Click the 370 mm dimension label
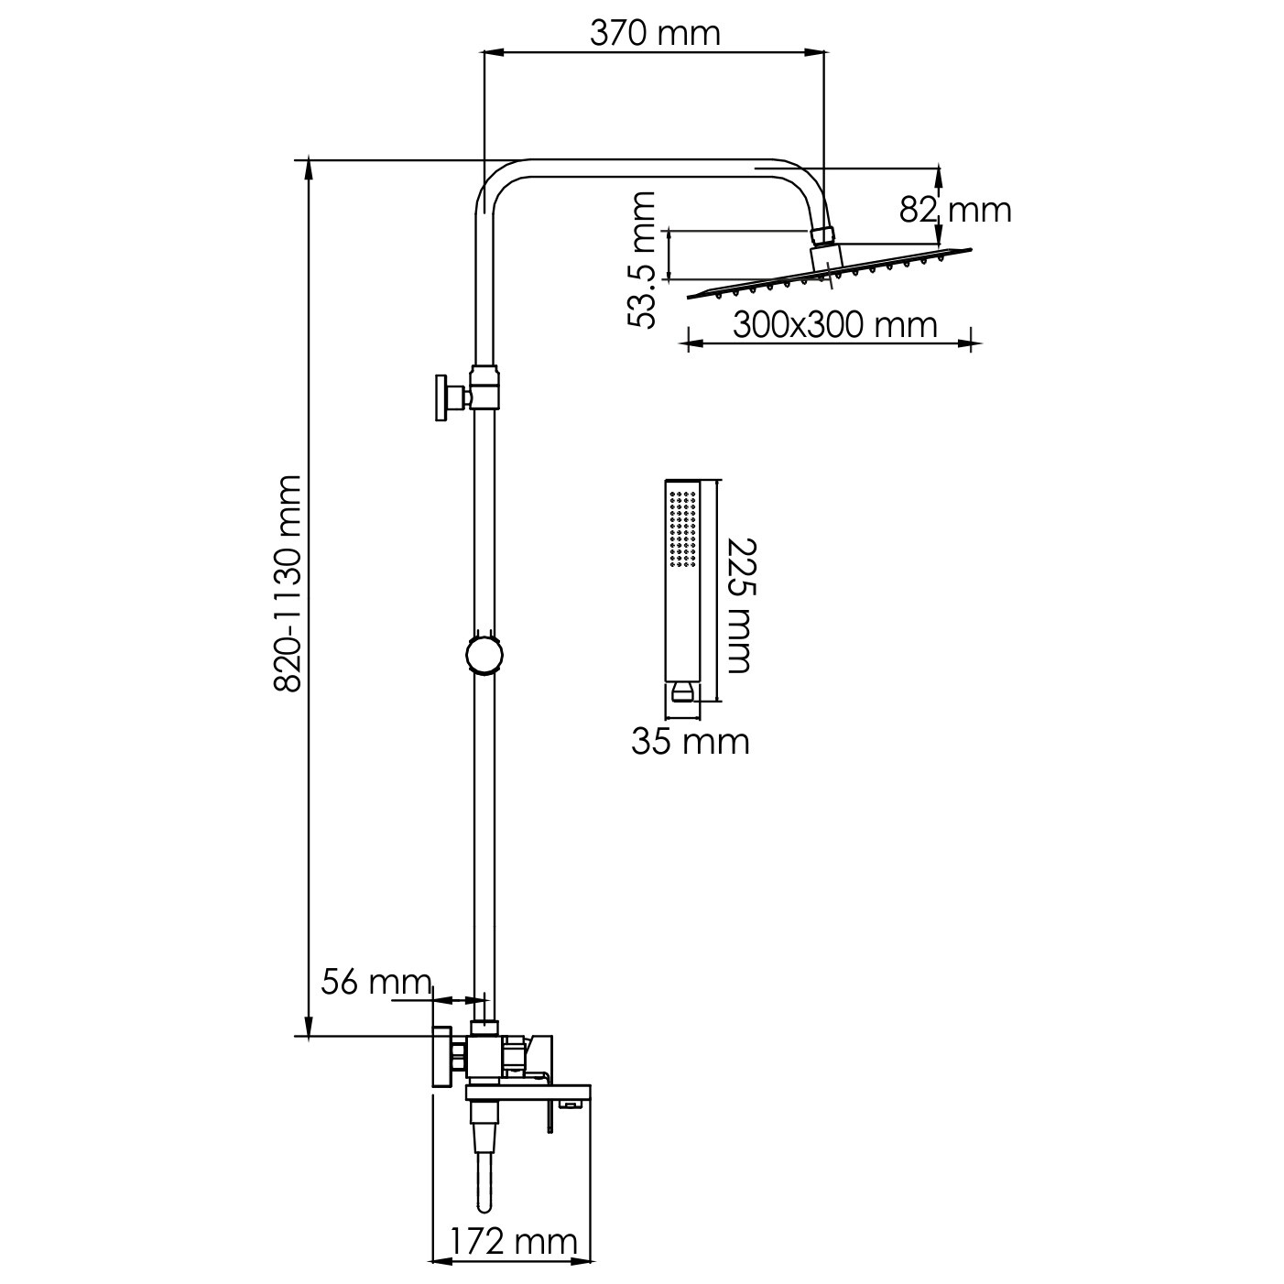(655, 33)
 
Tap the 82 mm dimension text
(955, 210)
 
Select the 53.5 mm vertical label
(642, 260)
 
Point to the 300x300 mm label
(835, 325)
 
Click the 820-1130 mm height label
(288, 583)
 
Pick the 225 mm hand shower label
(740, 605)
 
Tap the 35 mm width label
(691, 742)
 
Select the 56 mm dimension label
(376, 982)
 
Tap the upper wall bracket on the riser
(468, 397)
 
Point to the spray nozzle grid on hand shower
(683, 529)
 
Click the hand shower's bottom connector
(683, 691)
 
